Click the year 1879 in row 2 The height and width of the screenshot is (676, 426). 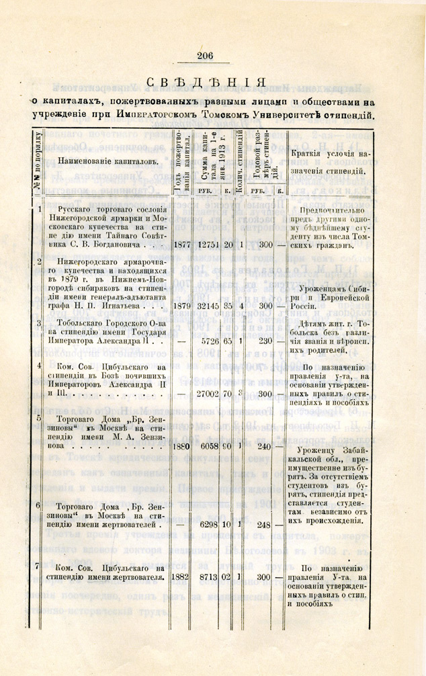pos(183,306)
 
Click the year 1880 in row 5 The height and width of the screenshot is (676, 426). pos(183,446)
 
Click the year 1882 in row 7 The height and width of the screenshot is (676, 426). pos(183,576)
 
